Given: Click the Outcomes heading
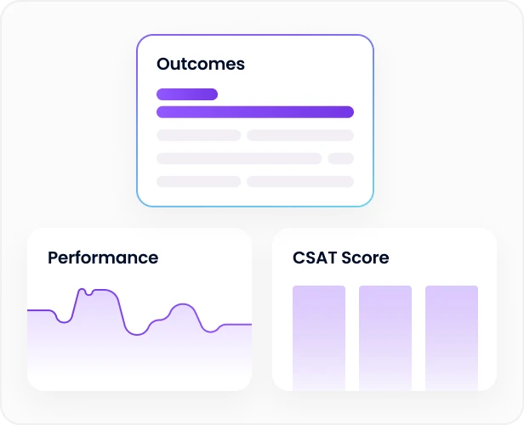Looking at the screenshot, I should coord(201,65).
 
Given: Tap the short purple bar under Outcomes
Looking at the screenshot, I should coord(187,94).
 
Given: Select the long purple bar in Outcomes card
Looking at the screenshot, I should coord(255,112).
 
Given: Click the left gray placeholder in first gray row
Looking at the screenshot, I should coord(199,135).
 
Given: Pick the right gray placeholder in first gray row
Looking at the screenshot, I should coord(300,135).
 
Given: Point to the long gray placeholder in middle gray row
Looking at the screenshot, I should coord(239,158).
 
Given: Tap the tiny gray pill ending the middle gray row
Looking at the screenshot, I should coord(340,158).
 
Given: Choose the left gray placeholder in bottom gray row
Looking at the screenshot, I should coord(199,181).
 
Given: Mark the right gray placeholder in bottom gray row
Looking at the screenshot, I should coord(300,181).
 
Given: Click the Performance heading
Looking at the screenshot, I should coord(103,258).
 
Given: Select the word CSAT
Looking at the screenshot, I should coord(315,258).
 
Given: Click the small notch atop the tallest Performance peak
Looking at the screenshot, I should coord(88,295).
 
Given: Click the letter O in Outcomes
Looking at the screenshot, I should coord(164,65).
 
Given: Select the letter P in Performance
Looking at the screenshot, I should coord(53,258).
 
